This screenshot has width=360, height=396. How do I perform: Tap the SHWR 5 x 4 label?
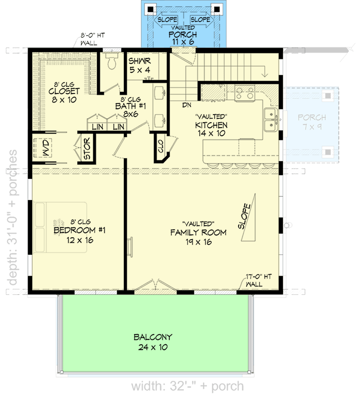pyautogui.click(x=140, y=66)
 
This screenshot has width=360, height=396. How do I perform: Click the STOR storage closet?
pyautogui.click(x=87, y=149)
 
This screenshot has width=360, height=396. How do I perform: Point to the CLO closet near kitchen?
pyautogui.click(x=160, y=149)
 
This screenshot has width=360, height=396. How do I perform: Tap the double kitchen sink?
pyautogui.click(x=270, y=120)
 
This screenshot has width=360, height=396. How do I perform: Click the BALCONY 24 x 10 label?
pyautogui.click(x=153, y=342)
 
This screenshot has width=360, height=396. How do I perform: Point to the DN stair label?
pyautogui.click(x=187, y=104)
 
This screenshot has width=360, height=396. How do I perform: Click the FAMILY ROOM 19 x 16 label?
pyautogui.click(x=198, y=233)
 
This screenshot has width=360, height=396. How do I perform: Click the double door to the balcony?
pyautogui.click(x=154, y=286)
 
